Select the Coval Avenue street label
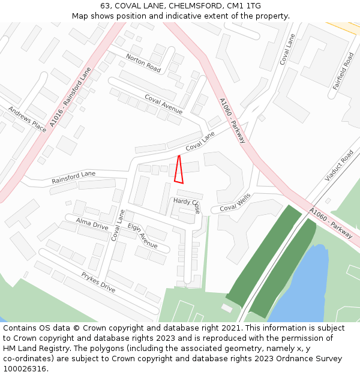pos(163,104)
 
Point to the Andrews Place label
pos(27,119)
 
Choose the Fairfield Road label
pos(343,71)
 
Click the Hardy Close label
pos(187,205)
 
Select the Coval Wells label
pos(235,202)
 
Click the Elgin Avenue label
pos(142,235)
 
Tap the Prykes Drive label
pos(98,282)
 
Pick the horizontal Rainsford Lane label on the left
pos(73,177)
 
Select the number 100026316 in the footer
pos(25,369)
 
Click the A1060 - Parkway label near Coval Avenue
pos(232,120)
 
